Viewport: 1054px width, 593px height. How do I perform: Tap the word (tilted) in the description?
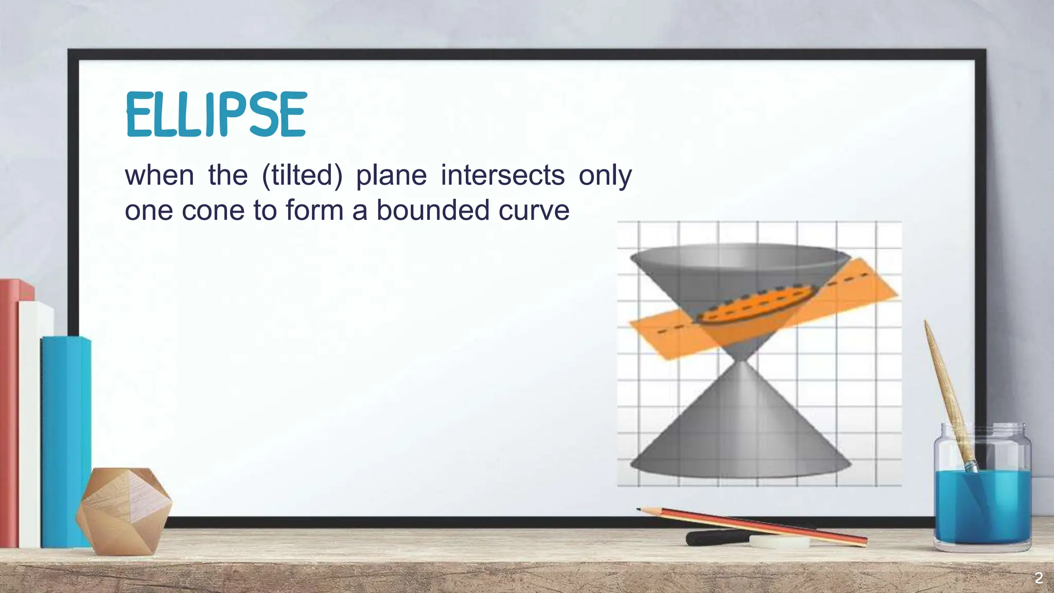[x=302, y=175]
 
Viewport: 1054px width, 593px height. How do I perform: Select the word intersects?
[x=502, y=175]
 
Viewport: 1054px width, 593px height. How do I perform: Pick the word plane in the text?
[x=391, y=175]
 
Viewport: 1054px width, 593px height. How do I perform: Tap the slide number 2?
[x=1039, y=578]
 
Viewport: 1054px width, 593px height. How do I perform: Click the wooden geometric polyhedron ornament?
[x=124, y=510]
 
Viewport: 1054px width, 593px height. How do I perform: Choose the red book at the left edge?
[x=9, y=412]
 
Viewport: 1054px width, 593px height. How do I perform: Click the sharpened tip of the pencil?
[x=640, y=510]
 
